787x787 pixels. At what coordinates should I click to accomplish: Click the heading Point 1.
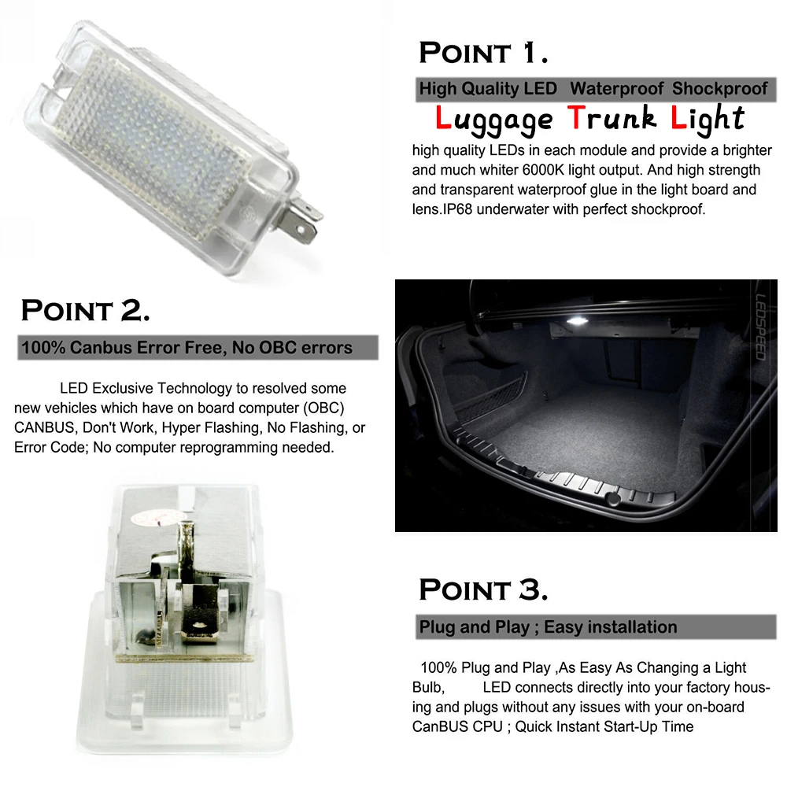click(x=483, y=53)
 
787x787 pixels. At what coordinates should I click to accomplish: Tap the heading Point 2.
click(x=85, y=309)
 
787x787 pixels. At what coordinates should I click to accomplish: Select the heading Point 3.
click(x=483, y=589)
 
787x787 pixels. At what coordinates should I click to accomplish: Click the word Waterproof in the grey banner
click(x=617, y=89)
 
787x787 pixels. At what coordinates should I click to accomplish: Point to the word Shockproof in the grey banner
click(x=719, y=89)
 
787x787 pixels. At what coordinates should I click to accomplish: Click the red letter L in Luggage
click(x=444, y=119)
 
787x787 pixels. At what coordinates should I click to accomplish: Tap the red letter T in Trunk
click(x=577, y=118)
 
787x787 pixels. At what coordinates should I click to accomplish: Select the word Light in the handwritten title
click(x=707, y=119)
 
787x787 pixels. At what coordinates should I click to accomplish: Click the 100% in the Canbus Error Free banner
click(x=42, y=347)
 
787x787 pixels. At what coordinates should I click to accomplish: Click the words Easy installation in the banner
click(x=610, y=627)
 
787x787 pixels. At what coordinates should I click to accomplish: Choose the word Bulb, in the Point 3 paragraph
click(x=428, y=687)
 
